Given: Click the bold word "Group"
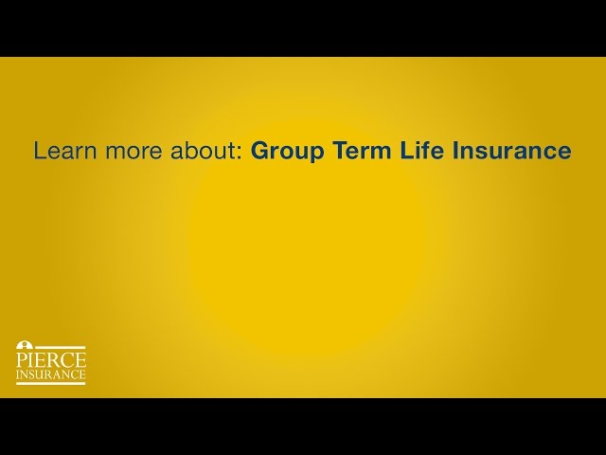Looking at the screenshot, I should pyautogui.click(x=287, y=152).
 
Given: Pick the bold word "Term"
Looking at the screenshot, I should pyautogui.click(x=359, y=151).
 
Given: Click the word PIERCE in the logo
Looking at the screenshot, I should pyautogui.click(x=51, y=360).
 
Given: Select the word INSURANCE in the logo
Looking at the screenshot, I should pyautogui.click(x=51, y=375).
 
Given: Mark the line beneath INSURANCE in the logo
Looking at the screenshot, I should pyautogui.click(x=51, y=384).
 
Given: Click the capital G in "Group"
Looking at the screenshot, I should pyautogui.click(x=259, y=151).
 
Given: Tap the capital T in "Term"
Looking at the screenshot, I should pyautogui.click(x=339, y=151).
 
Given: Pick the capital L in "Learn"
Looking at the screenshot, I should pyautogui.click(x=39, y=151).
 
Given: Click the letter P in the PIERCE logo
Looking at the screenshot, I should pyautogui.click(x=22, y=360).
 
